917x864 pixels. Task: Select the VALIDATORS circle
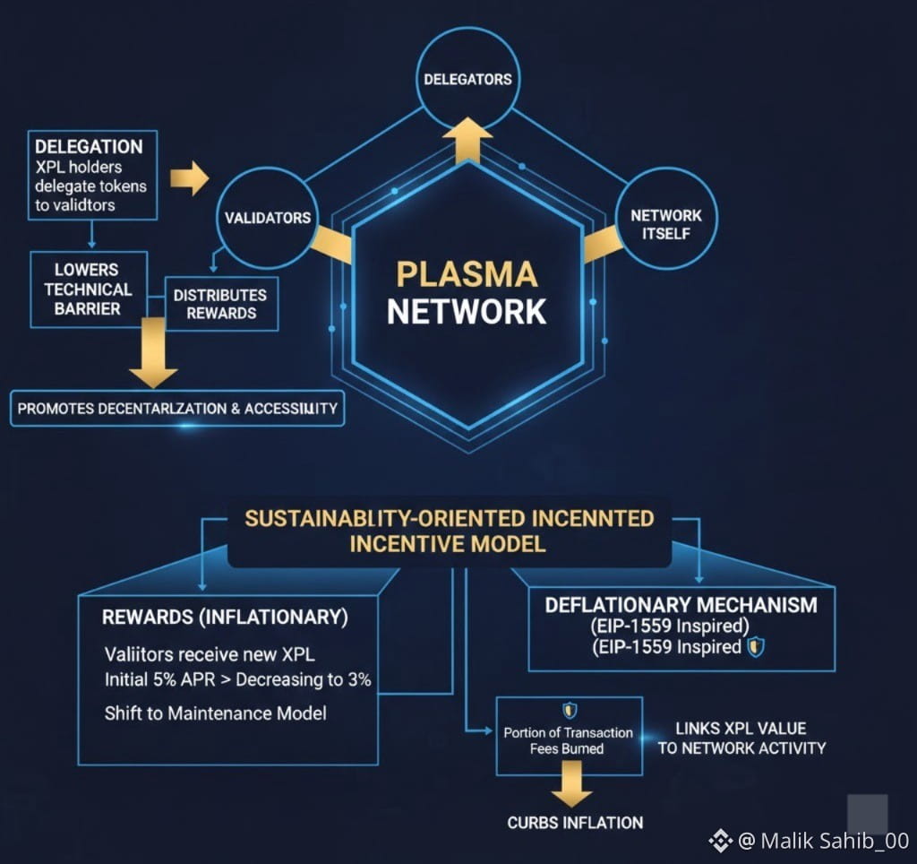268,218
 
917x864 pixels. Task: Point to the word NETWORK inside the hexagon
467,311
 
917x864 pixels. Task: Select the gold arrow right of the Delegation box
189,177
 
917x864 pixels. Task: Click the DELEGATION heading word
89,146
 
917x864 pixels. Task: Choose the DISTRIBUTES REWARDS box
221,304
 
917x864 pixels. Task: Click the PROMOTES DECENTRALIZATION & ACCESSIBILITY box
177,409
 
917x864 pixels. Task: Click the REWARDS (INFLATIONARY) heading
225,618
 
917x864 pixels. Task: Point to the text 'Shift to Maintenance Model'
216,713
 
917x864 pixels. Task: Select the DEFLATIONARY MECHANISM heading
681,605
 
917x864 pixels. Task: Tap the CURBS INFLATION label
575,823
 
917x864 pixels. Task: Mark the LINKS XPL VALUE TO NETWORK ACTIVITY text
741,738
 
